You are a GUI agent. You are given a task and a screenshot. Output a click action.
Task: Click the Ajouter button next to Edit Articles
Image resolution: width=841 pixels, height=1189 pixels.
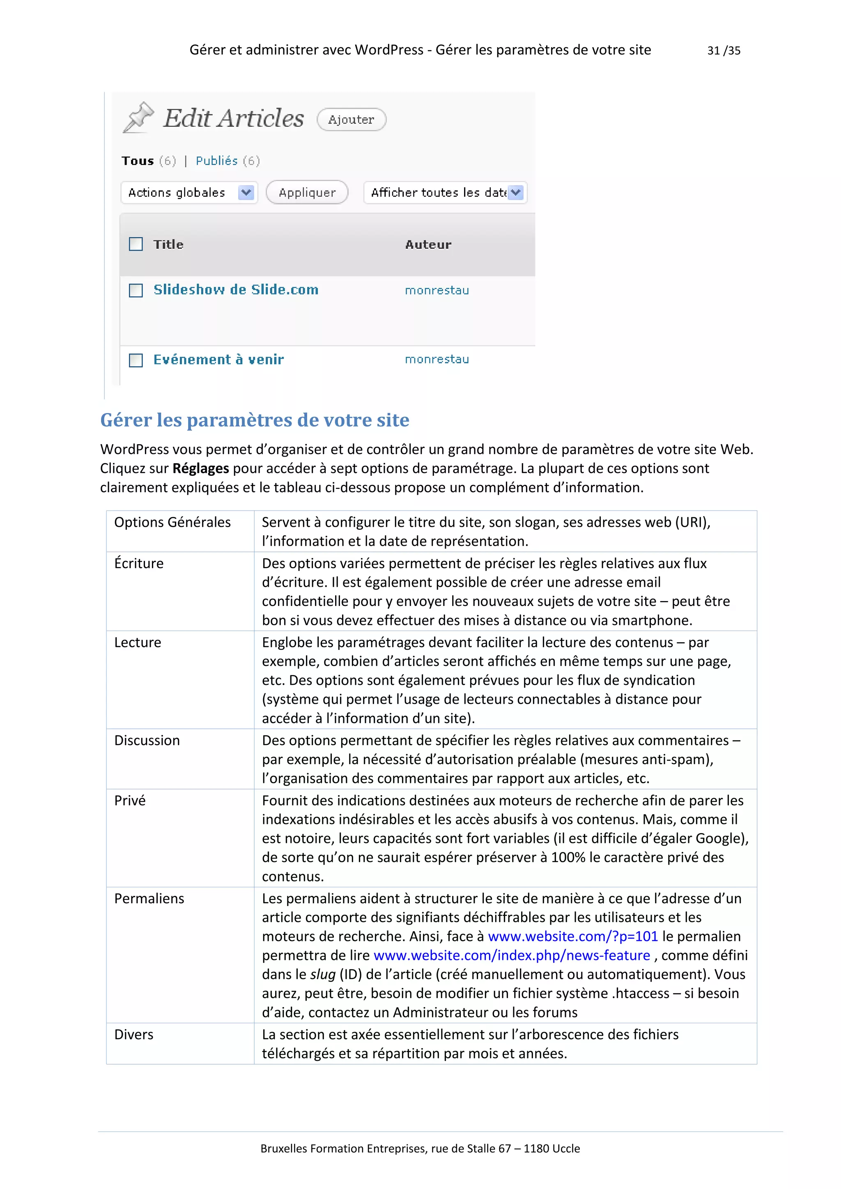tap(351, 119)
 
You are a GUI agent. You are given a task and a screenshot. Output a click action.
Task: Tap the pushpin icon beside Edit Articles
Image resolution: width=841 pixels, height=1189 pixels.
tap(138, 117)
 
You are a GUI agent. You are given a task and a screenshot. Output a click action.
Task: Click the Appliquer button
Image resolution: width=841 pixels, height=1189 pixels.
tap(307, 193)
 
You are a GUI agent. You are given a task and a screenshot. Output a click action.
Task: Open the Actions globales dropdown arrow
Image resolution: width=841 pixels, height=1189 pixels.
tap(246, 193)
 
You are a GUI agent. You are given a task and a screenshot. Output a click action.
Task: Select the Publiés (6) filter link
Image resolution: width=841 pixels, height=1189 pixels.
tap(227, 161)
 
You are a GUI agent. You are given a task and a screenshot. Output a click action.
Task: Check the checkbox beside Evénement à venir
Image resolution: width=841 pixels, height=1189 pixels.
tap(136, 360)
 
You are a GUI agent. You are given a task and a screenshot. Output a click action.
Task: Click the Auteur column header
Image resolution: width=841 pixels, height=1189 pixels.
tap(428, 244)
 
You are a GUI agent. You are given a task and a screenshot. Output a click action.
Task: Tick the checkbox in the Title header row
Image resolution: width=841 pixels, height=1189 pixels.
tap(136, 244)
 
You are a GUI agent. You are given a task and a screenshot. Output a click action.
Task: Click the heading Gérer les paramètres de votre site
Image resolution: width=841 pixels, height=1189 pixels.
tap(254, 420)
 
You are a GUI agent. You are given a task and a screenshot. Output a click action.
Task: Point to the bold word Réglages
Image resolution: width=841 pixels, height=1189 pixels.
tap(200, 468)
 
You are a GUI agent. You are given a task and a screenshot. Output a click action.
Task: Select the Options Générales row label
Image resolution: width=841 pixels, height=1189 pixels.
tap(172, 522)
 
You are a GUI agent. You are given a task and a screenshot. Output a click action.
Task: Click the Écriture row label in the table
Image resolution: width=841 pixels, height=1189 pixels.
tap(139, 563)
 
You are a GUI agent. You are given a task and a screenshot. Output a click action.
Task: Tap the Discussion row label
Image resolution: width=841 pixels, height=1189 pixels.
tap(147, 741)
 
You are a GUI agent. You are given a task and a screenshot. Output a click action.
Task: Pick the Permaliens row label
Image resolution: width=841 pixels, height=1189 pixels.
tap(149, 898)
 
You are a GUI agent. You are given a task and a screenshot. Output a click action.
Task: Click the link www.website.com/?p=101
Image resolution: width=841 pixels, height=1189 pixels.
tap(573, 936)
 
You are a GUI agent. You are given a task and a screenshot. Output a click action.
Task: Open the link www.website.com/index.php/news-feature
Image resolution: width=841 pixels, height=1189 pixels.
tap(512, 955)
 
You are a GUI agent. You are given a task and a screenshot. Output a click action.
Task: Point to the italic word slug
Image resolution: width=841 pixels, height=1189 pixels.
tap(323, 975)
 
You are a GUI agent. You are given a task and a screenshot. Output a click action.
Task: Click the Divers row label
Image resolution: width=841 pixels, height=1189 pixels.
tap(133, 1035)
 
